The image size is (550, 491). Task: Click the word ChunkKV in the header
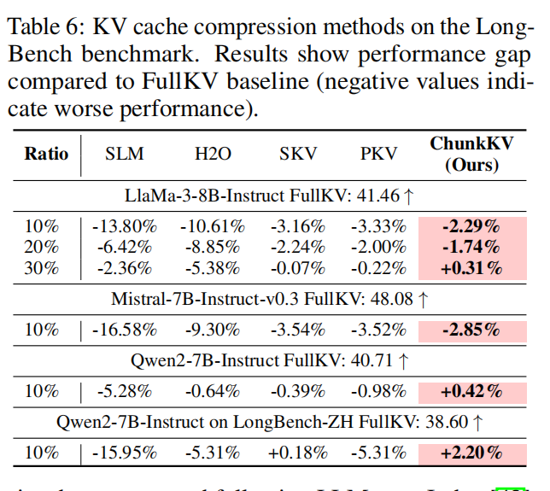(471, 143)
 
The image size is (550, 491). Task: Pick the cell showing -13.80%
(125, 226)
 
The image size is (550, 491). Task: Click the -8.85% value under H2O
(213, 247)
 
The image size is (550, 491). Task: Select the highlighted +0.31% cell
(471, 267)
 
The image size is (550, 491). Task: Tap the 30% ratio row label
(41, 267)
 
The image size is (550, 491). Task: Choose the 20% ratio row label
(41, 247)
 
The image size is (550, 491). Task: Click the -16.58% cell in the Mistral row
(125, 330)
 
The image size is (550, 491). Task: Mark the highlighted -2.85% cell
(471, 330)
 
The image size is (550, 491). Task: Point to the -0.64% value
(213, 391)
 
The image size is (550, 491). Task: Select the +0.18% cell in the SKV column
(297, 453)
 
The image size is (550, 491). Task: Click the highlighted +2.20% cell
(471, 453)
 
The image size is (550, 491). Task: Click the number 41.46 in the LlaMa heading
(377, 196)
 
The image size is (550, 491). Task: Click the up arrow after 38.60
(478, 422)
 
